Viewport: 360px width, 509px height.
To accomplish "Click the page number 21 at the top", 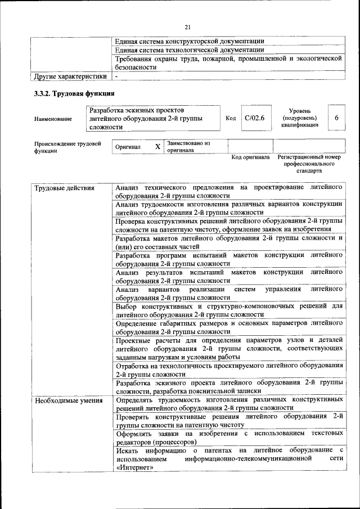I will point(187,26).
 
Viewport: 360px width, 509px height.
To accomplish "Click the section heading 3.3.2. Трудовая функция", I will point(74,93).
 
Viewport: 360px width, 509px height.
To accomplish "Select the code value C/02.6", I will point(254,118).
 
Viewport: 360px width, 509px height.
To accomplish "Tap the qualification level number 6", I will point(336,118).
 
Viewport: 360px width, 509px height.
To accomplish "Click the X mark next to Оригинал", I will point(157,146).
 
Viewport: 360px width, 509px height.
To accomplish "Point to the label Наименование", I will point(53,119).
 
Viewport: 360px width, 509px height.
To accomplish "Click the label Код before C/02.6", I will point(231,118).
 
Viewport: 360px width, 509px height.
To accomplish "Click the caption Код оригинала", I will point(251,157).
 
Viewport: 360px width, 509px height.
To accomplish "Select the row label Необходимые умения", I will point(69,401).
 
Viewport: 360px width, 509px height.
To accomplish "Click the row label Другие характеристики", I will point(70,76).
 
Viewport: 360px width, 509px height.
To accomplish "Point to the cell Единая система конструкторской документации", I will point(190,41).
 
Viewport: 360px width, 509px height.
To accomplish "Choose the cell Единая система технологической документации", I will point(190,50).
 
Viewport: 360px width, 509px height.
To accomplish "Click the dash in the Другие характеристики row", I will point(116,76).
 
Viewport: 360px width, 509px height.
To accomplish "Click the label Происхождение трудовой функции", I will point(67,147).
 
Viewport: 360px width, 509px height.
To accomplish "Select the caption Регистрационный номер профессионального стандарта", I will point(309,163).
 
